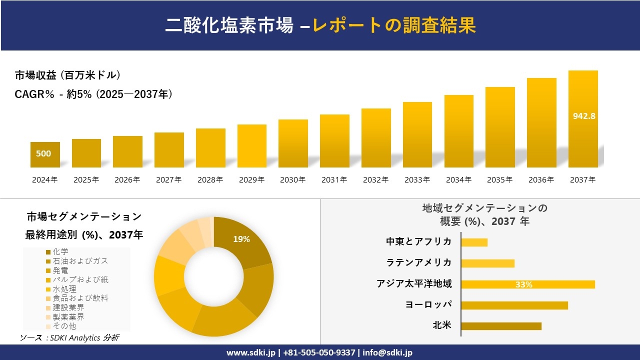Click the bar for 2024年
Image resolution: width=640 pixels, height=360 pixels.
click(45, 154)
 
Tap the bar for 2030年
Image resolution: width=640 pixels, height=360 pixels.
click(293, 143)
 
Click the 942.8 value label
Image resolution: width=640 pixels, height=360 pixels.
click(583, 116)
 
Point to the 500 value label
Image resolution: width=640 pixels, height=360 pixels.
click(43, 153)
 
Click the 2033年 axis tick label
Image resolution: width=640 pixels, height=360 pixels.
click(417, 180)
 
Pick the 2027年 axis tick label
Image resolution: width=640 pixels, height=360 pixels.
click(168, 180)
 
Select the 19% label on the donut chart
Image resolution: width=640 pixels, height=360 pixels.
click(241, 239)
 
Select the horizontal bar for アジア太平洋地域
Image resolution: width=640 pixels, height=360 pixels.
click(528, 284)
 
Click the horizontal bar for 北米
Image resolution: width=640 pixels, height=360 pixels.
click(501, 326)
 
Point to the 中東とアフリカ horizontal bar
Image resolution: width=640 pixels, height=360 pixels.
click(474, 242)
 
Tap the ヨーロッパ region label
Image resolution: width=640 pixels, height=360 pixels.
click(428, 304)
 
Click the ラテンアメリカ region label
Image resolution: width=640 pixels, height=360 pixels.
click(419, 262)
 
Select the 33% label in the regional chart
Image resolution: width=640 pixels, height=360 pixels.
click(523, 284)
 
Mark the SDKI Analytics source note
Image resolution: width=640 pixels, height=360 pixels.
click(69, 338)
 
